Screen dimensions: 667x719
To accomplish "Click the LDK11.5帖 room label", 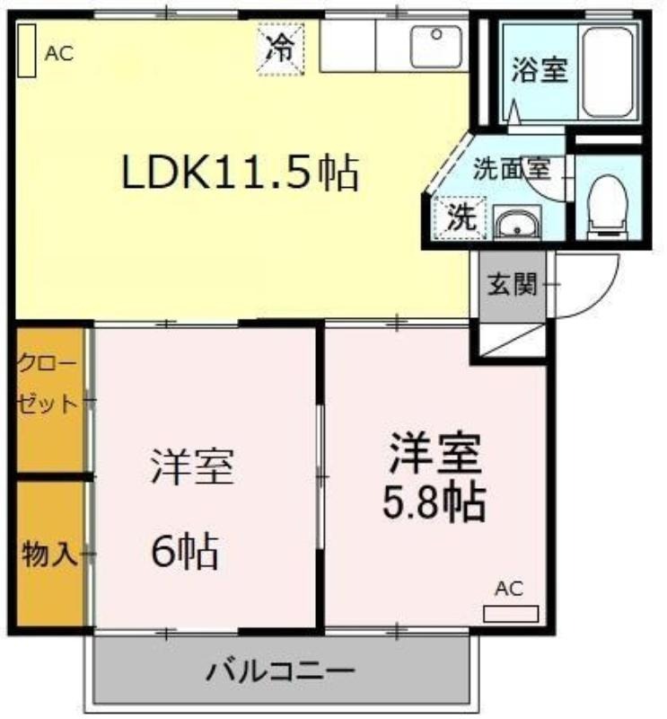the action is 240,173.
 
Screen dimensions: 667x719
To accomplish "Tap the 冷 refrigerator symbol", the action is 281,49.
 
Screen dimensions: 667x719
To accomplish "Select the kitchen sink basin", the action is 436,48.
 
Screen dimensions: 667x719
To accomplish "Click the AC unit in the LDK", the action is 27,50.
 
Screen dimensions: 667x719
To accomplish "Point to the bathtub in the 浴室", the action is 609,73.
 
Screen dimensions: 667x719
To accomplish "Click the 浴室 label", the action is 540,70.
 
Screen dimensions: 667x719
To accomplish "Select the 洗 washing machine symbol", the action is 460,217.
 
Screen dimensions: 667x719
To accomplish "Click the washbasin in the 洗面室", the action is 517,222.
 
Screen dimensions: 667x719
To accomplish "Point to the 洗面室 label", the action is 511,169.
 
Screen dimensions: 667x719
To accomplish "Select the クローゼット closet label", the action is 47,385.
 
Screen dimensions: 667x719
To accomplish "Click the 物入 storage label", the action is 48,554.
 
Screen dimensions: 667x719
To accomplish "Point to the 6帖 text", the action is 185,550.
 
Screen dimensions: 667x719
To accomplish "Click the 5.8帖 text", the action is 434,502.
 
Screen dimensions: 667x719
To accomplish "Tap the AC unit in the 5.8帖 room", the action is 511,614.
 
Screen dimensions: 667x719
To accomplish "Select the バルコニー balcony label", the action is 280,670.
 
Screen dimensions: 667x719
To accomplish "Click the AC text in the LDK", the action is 59,54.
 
